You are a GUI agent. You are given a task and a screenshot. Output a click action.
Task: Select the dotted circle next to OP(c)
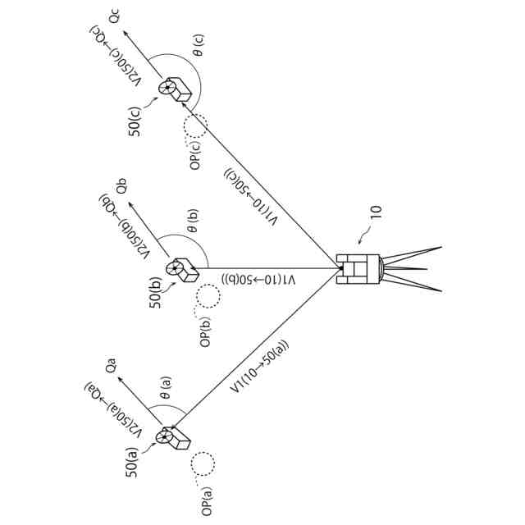pos(195,126)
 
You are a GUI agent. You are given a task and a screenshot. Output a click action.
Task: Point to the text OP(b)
pos(206,326)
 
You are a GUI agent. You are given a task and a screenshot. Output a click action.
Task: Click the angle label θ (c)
pos(199,48)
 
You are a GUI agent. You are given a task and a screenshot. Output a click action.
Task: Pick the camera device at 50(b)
pos(181,269)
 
